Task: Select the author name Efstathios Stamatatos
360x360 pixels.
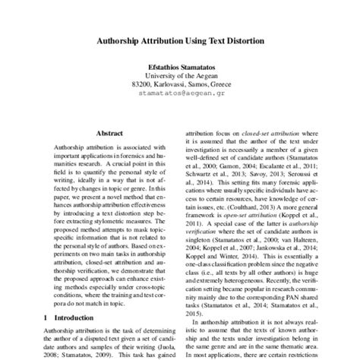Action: pos(180,67)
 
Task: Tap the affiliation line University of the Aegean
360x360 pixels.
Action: pos(180,76)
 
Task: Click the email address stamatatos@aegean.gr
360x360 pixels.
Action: pos(180,95)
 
